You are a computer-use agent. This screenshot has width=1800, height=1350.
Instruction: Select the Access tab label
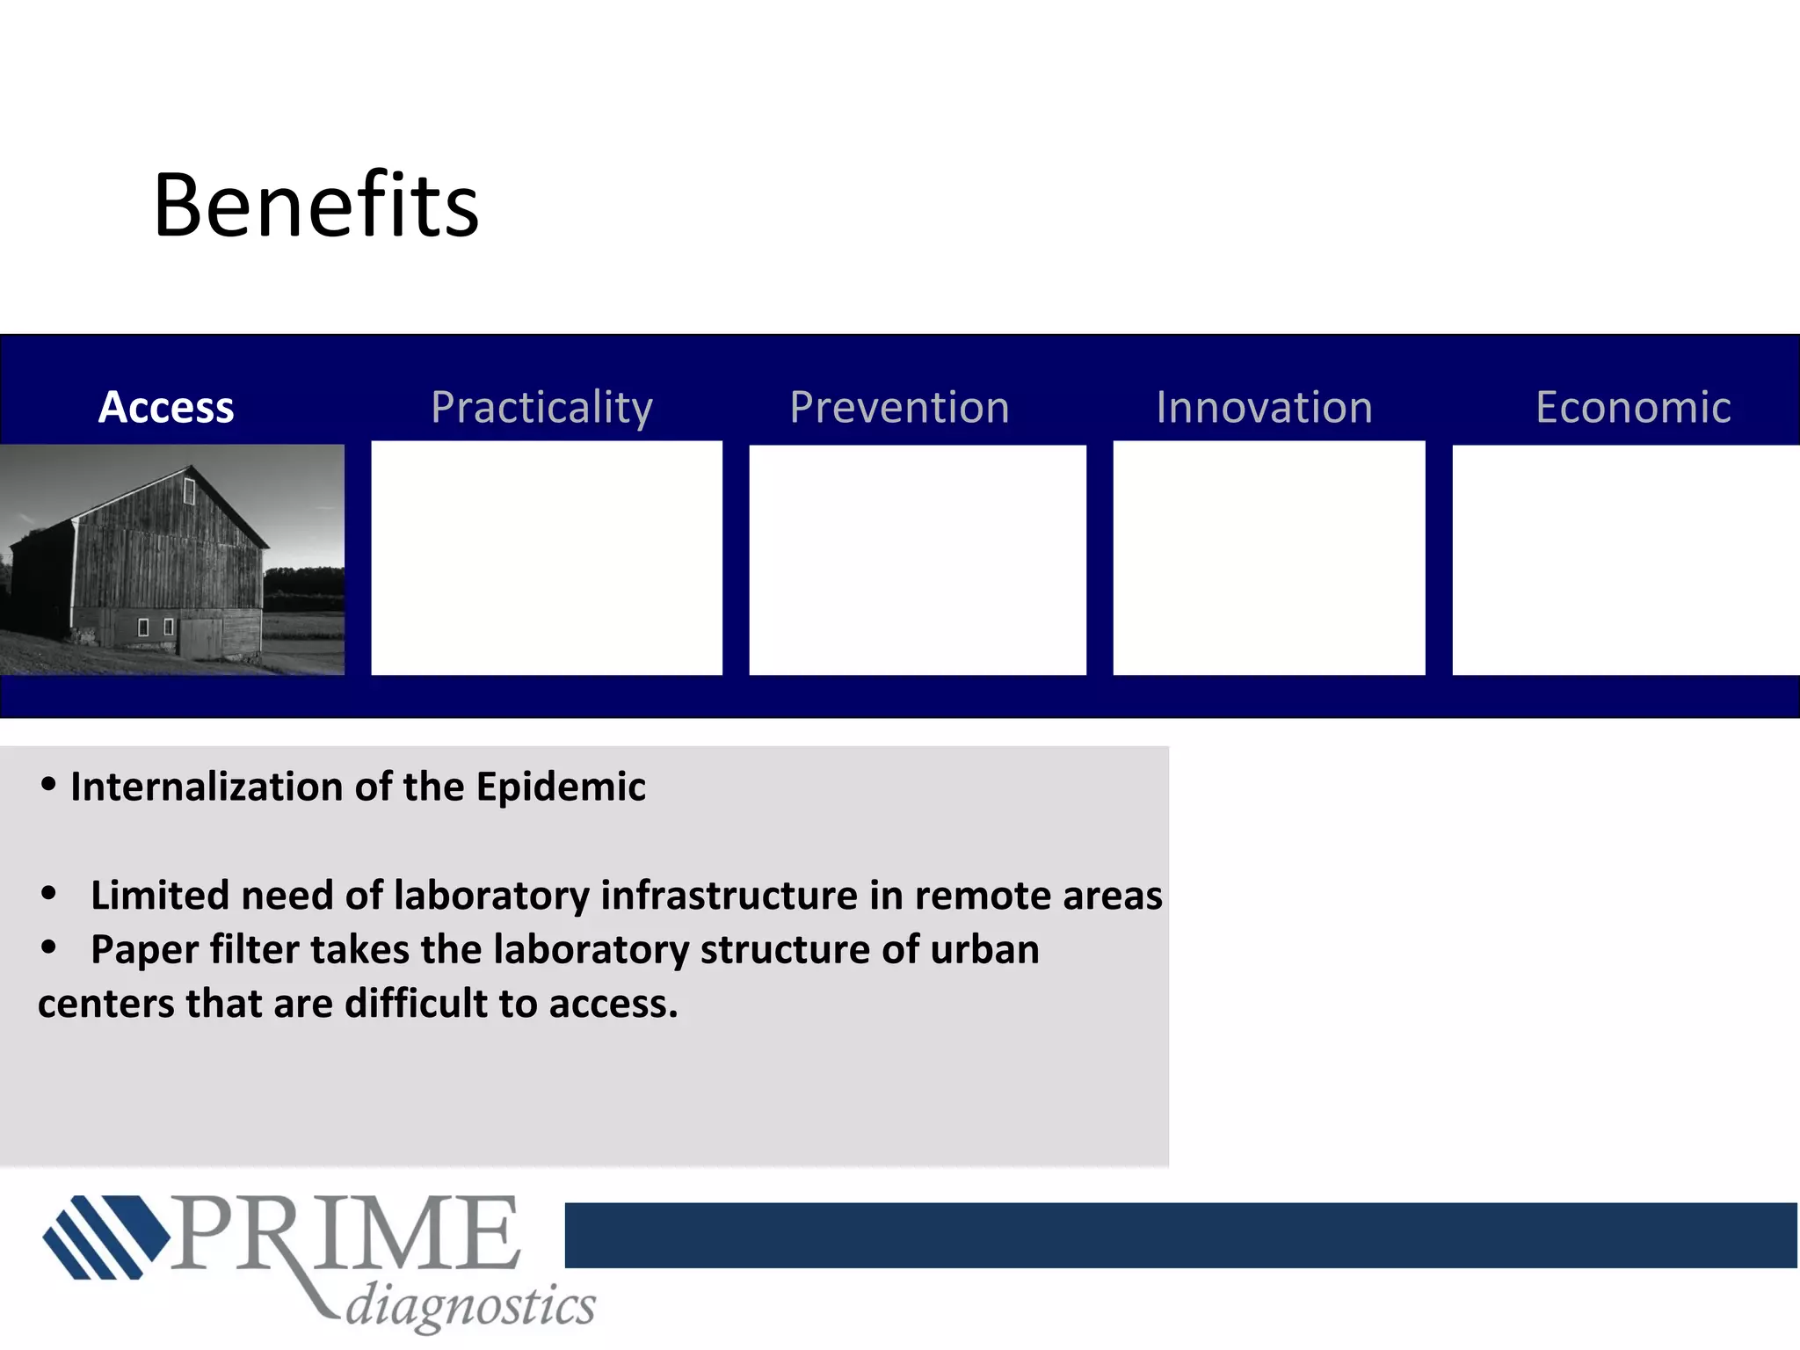point(166,407)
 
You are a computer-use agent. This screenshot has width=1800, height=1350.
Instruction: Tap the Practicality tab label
point(541,408)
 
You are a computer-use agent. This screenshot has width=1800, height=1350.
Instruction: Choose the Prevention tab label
point(899,407)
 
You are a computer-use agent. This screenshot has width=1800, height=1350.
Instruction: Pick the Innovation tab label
point(1264,407)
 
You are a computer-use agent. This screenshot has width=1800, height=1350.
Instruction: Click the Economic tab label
point(1633,407)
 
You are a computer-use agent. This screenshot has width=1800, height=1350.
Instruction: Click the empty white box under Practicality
point(547,559)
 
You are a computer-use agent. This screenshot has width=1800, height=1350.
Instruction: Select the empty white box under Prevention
point(917,560)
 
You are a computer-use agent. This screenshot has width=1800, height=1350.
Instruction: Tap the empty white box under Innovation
point(1268,559)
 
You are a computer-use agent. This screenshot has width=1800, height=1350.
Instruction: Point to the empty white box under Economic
point(1625,560)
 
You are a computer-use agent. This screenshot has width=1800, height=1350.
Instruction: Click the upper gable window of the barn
point(188,490)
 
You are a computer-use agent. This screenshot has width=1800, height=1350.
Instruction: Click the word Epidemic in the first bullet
point(561,787)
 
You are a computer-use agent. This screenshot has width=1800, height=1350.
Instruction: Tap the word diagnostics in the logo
point(470,1304)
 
